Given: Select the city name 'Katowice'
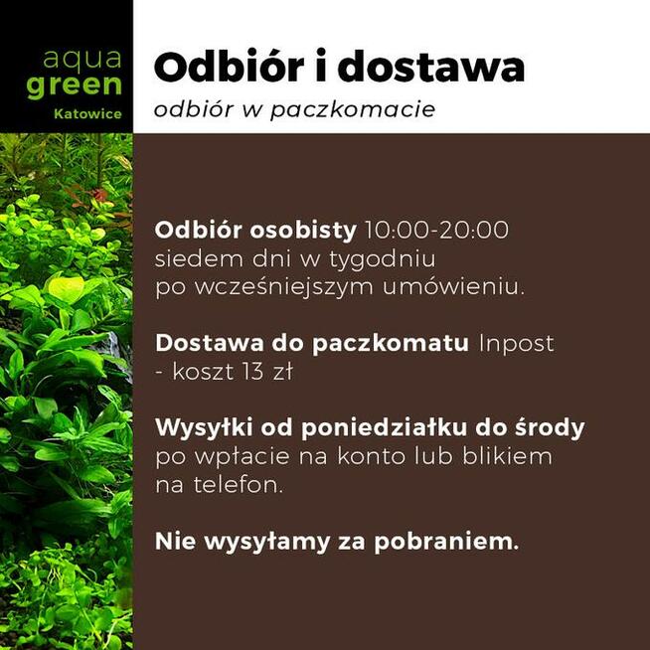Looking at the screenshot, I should pyautogui.click(x=88, y=114).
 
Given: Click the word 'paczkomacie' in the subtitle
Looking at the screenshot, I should pyautogui.click(x=377, y=109).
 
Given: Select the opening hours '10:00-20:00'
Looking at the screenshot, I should pyautogui.click(x=437, y=231).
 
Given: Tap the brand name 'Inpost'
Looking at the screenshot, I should pyautogui.click(x=516, y=344).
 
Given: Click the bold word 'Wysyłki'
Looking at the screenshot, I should pyautogui.click(x=204, y=429).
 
